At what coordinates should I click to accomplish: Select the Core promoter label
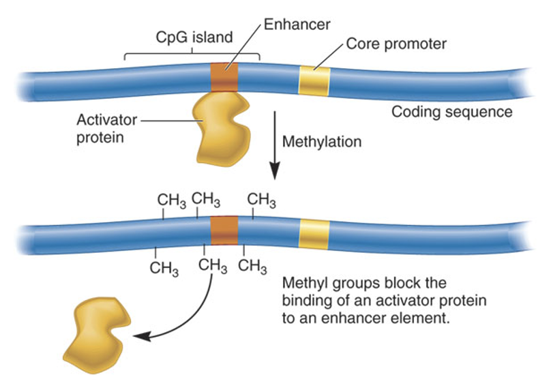tap(396, 44)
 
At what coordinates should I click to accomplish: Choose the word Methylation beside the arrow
tap(321, 142)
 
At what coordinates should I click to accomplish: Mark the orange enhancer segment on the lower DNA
tap(224, 230)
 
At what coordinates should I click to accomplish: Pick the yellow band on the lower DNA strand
tap(314, 234)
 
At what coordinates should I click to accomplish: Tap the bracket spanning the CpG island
tap(192, 53)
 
